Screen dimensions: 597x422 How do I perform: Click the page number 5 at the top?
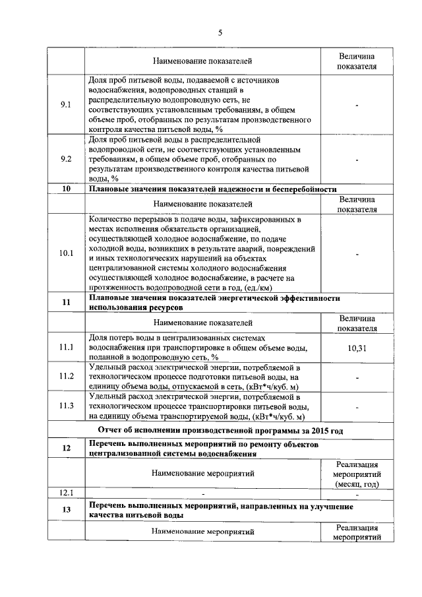(220, 33)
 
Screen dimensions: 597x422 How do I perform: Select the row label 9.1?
(66, 106)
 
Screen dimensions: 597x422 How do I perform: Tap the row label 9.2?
(66, 159)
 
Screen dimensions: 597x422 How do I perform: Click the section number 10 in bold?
(66, 189)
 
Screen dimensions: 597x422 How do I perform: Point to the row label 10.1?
(66, 253)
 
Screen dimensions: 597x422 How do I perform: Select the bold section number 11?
(66, 302)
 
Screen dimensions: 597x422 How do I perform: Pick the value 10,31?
(357, 348)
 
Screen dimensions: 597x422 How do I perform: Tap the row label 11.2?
(66, 376)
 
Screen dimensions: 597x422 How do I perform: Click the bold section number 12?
(66, 449)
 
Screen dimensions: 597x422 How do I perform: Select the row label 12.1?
(66, 492)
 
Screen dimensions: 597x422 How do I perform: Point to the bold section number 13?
(66, 510)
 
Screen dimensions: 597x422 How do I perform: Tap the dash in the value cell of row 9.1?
(357, 106)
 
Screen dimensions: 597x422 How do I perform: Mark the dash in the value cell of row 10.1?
(357, 253)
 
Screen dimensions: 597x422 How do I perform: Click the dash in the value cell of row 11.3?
(357, 406)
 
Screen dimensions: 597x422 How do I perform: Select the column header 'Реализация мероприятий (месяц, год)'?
(357, 474)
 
